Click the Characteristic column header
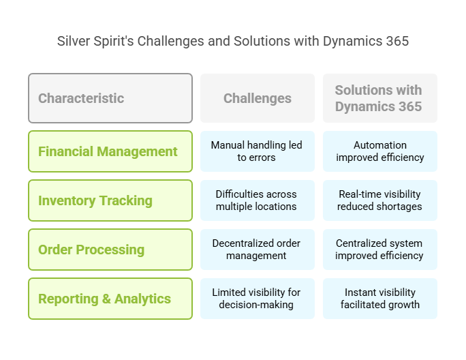pyautogui.click(x=110, y=98)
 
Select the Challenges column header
pyautogui.click(x=258, y=98)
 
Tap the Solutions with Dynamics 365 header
pyautogui.click(x=380, y=98)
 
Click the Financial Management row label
pyautogui.click(x=110, y=151)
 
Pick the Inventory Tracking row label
pyautogui.click(x=110, y=200)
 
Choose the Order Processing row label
pyautogui.click(x=110, y=250)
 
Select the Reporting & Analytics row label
pyautogui.click(x=110, y=299)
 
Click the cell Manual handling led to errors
pyautogui.click(x=258, y=151)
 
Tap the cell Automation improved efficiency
pyautogui.click(x=380, y=151)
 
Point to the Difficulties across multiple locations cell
pyautogui.click(x=258, y=200)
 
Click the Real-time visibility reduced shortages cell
pyautogui.click(x=380, y=200)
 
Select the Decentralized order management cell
pyautogui.click(x=258, y=250)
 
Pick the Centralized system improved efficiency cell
pyautogui.click(x=380, y=250)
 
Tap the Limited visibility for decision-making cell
pyautogui.click(x=258, y=299)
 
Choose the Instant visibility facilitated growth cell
pyautogui.click(x=380, y=299)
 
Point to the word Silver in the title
pyautogui.click(x=74, y=41)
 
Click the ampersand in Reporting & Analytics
pyautogui.click(x=106, y=299)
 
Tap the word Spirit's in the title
pyautogui.click(x=114, y=42)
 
